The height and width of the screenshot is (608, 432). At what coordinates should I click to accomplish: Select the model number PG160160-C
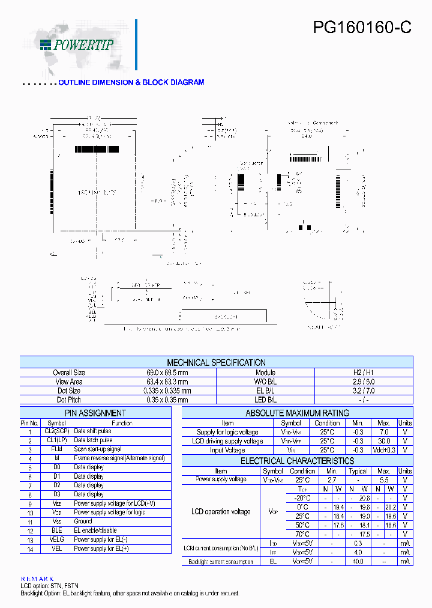[x=362, y=28]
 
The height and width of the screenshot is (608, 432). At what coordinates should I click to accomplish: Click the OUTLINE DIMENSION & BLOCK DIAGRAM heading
[x=131, y=82]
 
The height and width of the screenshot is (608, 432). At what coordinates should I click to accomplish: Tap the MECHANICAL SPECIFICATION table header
[x=216, y=363]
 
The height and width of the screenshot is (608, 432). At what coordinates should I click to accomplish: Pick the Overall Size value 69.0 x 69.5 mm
[x=167, y=373]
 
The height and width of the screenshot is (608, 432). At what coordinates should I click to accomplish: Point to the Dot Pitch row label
[x=69, y=400]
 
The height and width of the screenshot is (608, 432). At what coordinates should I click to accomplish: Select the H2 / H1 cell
[x=364, y=373]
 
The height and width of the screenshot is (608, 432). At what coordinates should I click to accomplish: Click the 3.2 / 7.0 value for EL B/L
[x=364, y=391]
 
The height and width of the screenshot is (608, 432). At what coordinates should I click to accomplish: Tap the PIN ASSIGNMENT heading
[x=95, y=413]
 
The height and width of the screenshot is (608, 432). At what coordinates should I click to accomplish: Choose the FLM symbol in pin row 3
[x=57, y=449]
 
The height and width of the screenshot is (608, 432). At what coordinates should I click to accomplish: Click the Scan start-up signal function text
[x=98, y=449]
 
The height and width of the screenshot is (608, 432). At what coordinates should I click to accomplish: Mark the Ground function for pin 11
[x=83, y=521]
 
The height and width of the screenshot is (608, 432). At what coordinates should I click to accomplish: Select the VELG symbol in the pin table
[x=57, y=540]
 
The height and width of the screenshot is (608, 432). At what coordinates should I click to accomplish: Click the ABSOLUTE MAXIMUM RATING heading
[x=297, y=413]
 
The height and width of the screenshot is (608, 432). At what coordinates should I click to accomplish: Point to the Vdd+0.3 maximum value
[x=384, y=450]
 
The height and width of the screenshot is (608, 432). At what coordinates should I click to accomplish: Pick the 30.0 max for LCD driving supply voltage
[x=384, y=441]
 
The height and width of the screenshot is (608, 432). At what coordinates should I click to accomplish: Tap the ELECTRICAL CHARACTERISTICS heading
[x=297, y=461]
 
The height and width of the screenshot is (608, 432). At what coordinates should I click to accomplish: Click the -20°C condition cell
[x=302, y=498]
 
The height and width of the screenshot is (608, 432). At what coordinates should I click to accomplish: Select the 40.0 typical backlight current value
[x=358, y=561]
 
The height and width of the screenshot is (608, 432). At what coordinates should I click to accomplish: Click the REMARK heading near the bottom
[x=37, y=579]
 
